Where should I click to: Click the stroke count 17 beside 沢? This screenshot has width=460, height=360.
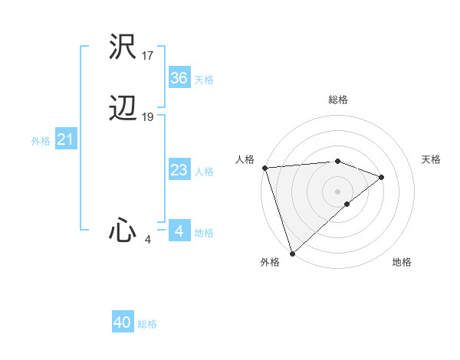(148, 55)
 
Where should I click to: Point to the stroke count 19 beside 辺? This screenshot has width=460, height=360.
(148, 117)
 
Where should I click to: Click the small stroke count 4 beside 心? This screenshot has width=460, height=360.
(147, 240)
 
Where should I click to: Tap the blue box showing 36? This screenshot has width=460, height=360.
(179, 77)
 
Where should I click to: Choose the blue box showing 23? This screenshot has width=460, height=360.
(179, 170)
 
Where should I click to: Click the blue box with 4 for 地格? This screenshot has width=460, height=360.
(179, 231)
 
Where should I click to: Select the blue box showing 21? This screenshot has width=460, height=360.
(65, 139)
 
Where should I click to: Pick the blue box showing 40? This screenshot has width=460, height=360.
(123, 322)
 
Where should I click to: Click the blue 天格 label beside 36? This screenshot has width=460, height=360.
(203, 79)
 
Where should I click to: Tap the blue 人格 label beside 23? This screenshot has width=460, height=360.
(203, 172)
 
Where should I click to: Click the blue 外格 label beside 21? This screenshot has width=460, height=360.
(41, 141)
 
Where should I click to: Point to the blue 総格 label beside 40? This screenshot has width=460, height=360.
(147, 324)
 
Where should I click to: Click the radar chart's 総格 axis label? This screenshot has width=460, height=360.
(337, 100)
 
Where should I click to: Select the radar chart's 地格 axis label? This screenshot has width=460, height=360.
(402, 263)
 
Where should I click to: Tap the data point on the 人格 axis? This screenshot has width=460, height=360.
(264, 168)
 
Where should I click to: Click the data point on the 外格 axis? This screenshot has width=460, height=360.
(292, 252)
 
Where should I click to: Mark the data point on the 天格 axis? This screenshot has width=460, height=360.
(382, 177)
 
